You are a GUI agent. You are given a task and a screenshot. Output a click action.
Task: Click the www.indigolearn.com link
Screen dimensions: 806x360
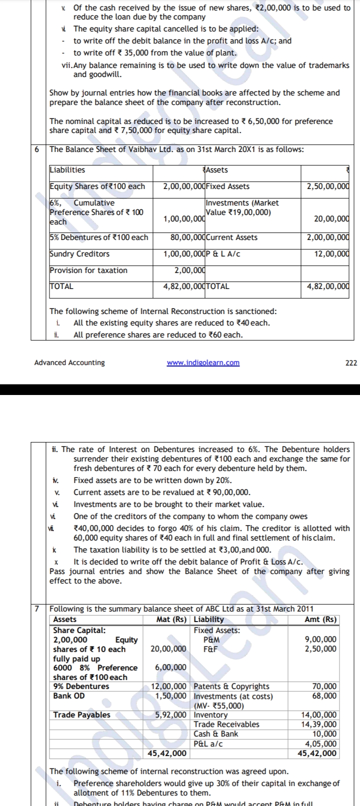pos(203,362)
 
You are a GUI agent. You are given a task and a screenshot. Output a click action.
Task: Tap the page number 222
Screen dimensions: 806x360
pos(351,362)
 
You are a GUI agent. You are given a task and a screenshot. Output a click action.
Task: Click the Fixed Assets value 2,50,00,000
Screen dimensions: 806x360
pos(327,186)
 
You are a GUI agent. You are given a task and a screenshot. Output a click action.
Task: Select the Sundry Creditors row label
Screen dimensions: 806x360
pos(79,253)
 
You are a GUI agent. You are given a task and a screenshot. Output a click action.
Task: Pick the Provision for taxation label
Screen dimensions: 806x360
pos(88,270)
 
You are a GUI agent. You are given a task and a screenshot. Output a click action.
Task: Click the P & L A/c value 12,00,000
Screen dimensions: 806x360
pos(331,253)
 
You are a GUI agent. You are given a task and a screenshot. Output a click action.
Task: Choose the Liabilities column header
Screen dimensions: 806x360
pos(67,170)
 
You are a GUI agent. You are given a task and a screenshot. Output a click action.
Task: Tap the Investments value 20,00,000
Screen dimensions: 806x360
pos(331,218)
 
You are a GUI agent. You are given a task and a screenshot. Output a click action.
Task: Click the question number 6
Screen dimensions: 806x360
pos(36,149)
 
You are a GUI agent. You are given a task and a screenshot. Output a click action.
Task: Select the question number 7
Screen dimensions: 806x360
pos(36,608)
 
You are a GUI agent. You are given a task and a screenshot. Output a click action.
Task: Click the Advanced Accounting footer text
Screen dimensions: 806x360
pos(69,362)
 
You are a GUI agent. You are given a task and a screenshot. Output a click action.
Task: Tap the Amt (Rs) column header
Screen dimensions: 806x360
pos(320,619)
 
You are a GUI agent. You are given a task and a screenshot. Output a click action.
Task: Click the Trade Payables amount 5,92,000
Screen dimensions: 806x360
pos(171,715)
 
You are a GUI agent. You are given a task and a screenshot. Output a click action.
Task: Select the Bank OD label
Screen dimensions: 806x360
pos(69,696)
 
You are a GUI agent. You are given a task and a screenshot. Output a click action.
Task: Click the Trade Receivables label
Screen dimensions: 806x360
pos(226,724)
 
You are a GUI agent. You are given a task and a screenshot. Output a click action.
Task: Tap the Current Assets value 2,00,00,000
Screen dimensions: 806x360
pos(327,237)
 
